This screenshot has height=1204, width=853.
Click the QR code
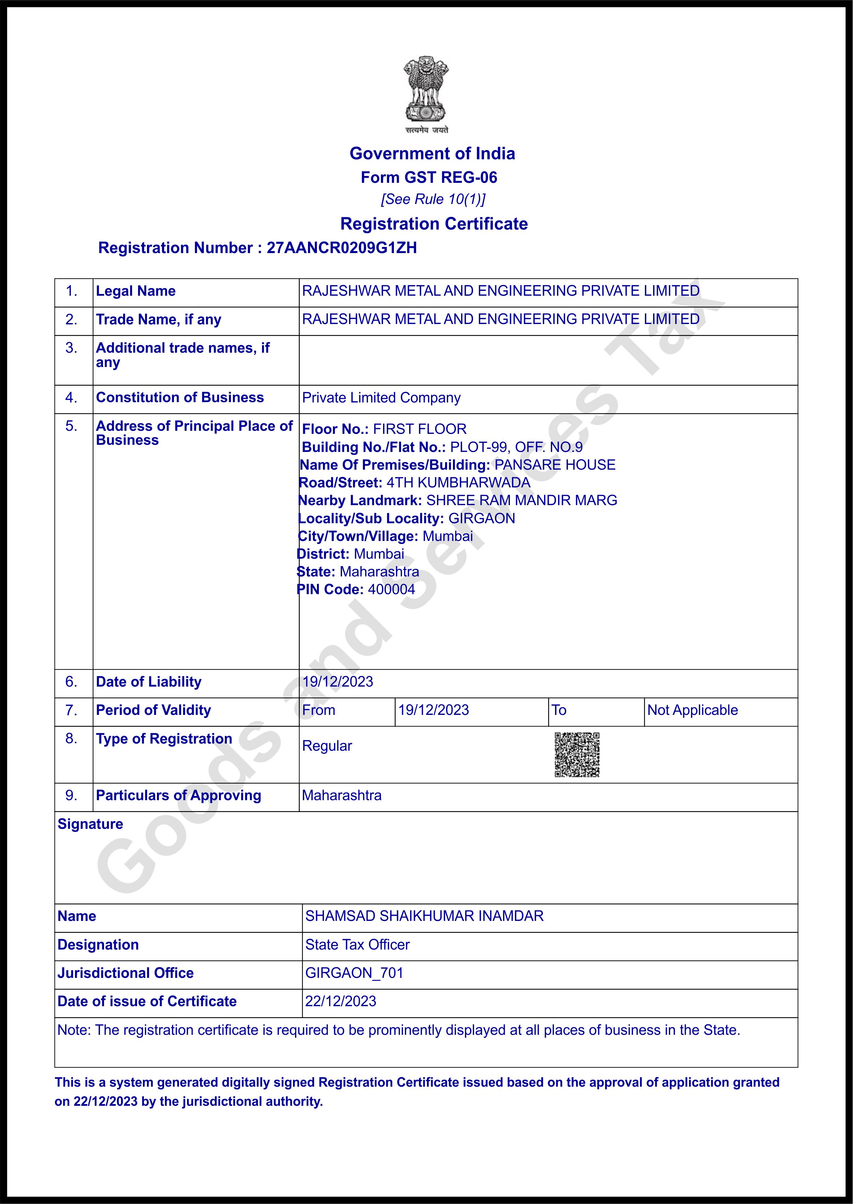577,754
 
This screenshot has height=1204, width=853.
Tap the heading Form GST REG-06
429,178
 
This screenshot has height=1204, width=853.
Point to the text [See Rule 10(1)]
433,200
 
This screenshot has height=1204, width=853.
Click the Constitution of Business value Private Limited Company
381,398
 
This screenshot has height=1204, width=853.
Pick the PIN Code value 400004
391,589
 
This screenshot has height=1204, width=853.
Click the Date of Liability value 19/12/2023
338,682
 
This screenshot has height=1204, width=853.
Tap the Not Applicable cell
692,710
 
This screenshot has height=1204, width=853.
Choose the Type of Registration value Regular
327,746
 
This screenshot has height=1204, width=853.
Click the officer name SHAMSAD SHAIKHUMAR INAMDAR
424,916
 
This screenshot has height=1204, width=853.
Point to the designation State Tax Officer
357,944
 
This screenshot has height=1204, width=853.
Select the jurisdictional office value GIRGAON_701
354,973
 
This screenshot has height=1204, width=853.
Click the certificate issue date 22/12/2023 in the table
340,1001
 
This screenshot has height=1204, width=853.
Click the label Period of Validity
153,710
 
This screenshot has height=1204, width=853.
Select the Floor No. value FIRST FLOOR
420,429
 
